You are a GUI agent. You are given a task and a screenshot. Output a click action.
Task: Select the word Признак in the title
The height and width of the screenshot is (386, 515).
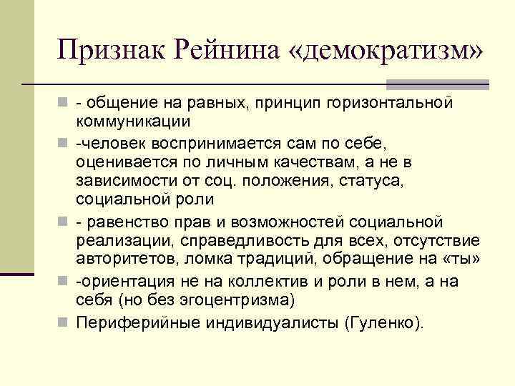point(112,50)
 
